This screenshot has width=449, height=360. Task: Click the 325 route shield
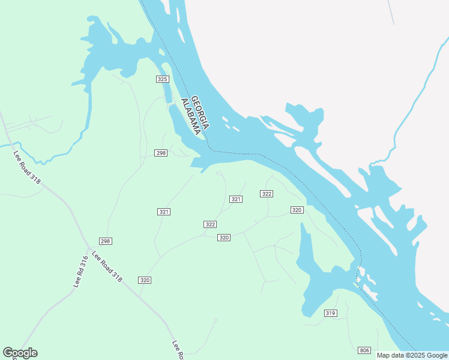point(162,79)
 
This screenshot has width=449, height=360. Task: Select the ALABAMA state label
point(191,116)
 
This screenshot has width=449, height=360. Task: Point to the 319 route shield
point(330,313)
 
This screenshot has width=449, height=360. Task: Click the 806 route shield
point(364,350)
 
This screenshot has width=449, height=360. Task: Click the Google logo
point(20,353)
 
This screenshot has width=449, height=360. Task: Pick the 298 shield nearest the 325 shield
point(161,153)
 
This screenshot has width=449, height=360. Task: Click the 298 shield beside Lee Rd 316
point(106,241)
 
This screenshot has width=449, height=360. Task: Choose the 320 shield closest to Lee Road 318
point(145,280)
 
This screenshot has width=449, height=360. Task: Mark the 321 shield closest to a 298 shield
point(164,212)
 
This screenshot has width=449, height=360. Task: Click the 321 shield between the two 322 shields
point(236,199)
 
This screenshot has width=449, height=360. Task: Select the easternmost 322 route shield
point(267,194)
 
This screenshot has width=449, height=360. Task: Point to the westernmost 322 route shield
point(210,224)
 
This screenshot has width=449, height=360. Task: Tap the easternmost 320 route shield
point(297,210)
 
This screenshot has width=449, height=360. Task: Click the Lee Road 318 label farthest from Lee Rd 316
point(26,167)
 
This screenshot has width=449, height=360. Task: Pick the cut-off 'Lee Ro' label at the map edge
point(177,350)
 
